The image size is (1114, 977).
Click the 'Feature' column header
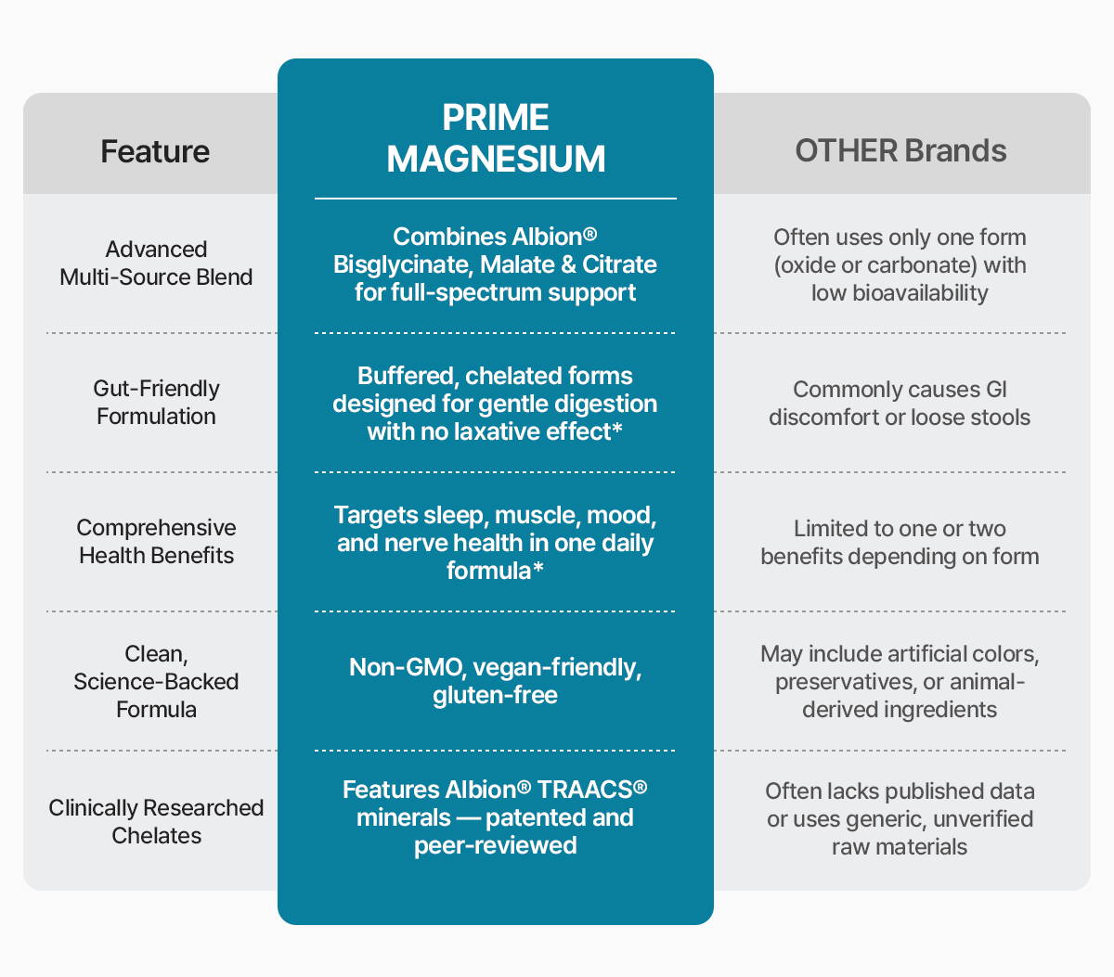coord(155,151)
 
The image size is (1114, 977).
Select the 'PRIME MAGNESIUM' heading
coord(496,138)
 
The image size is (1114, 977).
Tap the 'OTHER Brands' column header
coord(900,151)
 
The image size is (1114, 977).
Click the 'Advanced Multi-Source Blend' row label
coord(156,264)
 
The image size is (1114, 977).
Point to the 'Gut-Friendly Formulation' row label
coord(156,403)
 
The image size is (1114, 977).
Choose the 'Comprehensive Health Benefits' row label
coord(156,542)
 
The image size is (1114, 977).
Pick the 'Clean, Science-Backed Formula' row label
coord(156,682)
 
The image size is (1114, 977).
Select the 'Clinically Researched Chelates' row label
coord(156,822)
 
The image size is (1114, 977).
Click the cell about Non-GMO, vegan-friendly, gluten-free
coord(495,682)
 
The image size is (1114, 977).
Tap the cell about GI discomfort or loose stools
coord(900,404)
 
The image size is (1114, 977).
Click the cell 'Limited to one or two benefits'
coord(900,543)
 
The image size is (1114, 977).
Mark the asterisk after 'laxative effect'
coord(617,431)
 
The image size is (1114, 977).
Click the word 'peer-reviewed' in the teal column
coord(495,846)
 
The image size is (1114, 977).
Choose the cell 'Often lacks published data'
coord(900,819)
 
